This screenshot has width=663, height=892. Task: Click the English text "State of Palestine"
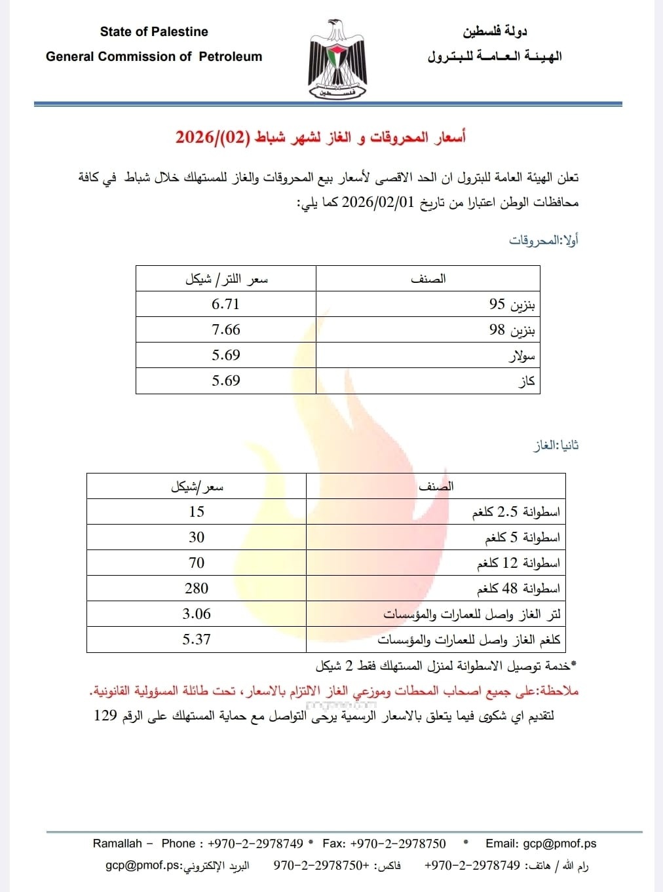coord(154,31)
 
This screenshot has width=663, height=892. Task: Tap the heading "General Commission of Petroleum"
coord(154,56)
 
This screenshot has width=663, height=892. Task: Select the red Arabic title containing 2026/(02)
coord(320,137)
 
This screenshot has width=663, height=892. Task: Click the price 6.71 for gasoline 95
coord(225,304)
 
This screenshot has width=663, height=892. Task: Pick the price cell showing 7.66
coord(225,329)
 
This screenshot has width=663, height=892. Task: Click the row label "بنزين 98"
coord(512,329)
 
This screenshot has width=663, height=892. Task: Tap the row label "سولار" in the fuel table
coord(521,356)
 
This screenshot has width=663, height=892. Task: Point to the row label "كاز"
coord(527,381)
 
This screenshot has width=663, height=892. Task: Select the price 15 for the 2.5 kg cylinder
coord(197,511)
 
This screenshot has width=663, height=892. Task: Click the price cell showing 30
coord(197,537)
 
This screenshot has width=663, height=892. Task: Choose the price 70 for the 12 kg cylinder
coord(197,563)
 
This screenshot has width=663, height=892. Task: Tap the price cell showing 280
coord(197,588)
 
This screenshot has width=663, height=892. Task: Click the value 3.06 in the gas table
coord(197,614)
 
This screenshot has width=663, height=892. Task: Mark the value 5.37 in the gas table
coord(197,639)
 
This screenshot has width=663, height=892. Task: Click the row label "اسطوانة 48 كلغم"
coord(518,588)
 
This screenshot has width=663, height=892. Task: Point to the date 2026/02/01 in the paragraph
coord(378,202)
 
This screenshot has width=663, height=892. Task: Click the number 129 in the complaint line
coord(105,715)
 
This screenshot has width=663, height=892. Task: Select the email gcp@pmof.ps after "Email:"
coord(559,844)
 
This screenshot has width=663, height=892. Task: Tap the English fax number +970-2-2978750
coord(398,844)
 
